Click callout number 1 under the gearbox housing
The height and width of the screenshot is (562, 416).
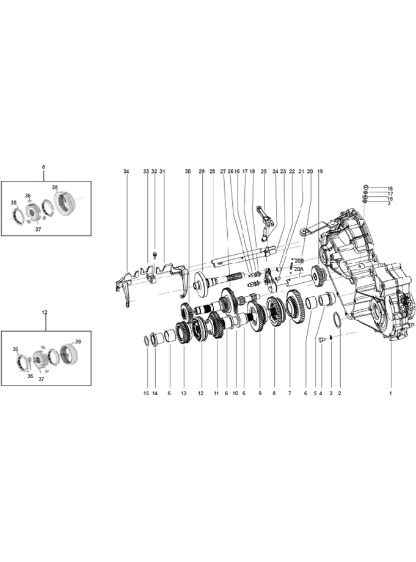click(390, 393)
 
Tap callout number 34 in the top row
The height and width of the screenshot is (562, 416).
click(126, 171)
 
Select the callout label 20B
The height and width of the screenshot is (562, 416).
click(299, 261)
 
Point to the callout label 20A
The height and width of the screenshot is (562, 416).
click(299, 268)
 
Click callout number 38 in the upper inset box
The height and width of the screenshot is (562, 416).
click(54, 187)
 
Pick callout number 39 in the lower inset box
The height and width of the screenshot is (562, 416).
click(78, 341)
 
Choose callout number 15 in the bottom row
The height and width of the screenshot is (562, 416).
click(146, 393)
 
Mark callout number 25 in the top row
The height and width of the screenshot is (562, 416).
click(264, 171)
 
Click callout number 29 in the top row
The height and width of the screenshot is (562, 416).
click(202, 171)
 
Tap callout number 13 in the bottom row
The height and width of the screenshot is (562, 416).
click(184, 393)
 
